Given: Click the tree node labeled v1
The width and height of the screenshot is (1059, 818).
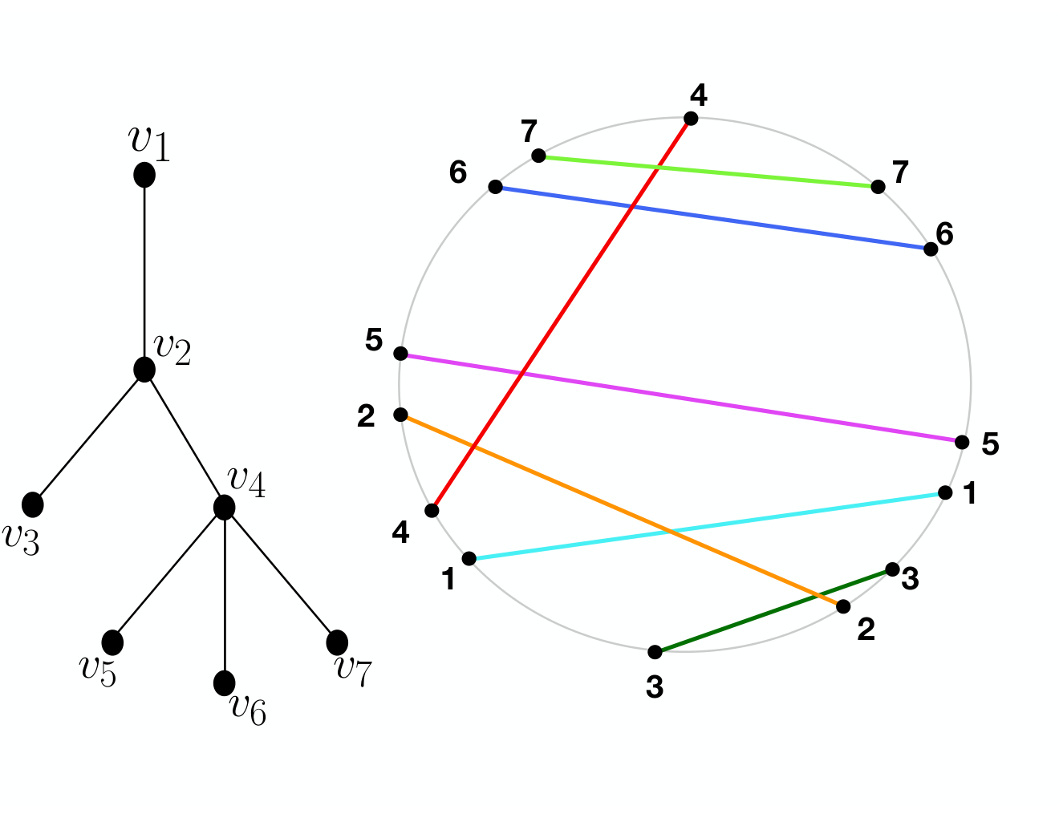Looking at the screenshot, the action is tap(144, 174).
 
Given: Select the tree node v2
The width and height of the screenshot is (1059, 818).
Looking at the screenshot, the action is tap(144, 369).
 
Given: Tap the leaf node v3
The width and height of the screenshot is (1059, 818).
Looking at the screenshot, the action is tap(33, 504).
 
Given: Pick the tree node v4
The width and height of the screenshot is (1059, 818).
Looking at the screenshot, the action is tap(224, 507).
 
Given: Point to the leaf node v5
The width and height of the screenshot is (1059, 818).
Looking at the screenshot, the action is tap(112, 642).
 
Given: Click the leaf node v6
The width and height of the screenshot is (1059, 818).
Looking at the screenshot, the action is tap(224, 683).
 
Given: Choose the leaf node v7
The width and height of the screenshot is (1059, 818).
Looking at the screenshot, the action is tap(337, 642).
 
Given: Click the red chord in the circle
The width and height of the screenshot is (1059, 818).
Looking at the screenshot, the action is tap(561, 314).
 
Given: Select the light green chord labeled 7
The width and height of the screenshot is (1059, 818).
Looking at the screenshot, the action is tap(708, 171).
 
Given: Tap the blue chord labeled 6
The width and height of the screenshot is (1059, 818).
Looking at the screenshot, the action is tap(712, 218).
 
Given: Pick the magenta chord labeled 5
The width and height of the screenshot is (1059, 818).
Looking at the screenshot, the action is tap(681, 398).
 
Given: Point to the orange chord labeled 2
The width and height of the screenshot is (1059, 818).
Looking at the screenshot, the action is tap(622, 511).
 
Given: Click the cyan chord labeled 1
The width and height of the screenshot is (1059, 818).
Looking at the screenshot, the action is tap(707, 525).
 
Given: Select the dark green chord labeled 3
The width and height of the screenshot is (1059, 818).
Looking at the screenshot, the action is tap(773, 610).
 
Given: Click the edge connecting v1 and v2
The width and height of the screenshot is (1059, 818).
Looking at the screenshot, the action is tap(144, 272).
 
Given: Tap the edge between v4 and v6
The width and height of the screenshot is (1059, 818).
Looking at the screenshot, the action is tap(224, 595).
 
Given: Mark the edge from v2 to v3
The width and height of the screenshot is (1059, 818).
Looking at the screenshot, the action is tap(89, 436).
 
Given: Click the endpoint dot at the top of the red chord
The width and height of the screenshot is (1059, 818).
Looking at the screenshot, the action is tap(691, 119).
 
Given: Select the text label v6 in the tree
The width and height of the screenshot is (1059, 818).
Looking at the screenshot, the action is tap(248, 710).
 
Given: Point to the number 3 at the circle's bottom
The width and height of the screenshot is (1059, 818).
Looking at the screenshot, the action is tap(654, 687).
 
